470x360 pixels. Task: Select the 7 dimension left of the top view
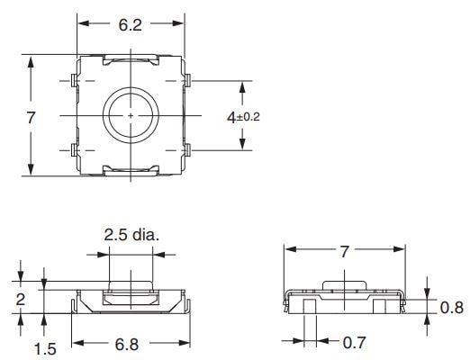31,117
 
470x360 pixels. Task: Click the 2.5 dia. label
131,236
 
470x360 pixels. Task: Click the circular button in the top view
131,116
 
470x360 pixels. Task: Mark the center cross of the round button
131,116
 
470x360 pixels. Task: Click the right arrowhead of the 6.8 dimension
184,343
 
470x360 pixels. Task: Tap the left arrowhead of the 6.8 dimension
76,343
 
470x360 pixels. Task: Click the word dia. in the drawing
145,236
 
